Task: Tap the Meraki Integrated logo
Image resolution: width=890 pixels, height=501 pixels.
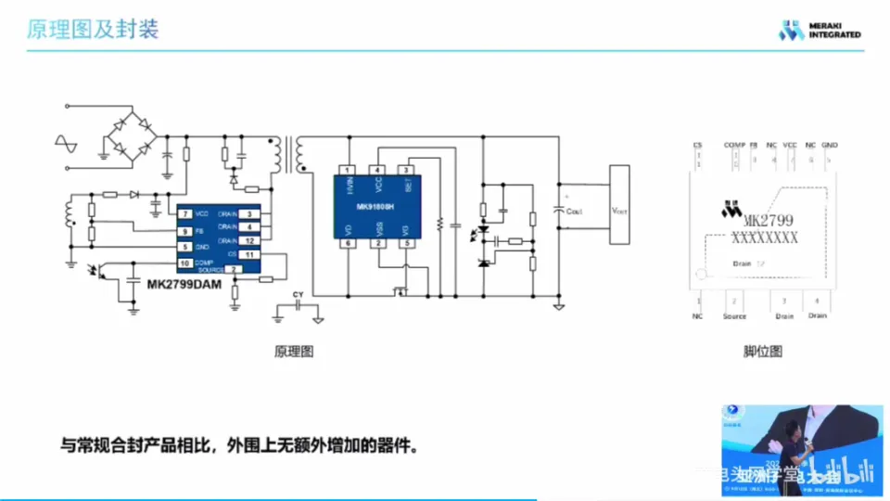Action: coord(820,30)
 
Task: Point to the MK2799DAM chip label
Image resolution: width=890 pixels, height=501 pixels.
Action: coord(184,286)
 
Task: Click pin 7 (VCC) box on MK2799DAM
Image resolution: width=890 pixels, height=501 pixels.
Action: coord(185,214)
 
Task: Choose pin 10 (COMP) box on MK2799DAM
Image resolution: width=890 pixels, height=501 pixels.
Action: coord(185,263)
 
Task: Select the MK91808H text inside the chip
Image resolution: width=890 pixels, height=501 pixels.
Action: coord(375,207)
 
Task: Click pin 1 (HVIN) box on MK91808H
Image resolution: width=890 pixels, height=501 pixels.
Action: coord(347,170)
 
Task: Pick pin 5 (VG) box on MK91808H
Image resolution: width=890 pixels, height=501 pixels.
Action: coord(405,243)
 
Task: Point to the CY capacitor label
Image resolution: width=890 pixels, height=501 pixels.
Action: coord(298,295)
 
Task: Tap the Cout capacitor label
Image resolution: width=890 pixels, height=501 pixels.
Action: coord(573,212)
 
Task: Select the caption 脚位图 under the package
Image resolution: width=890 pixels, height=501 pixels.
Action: coord(763,352)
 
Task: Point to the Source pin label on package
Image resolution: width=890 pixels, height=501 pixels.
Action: coord(734,316)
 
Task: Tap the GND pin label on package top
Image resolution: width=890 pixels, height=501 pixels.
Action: coord(830,146)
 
